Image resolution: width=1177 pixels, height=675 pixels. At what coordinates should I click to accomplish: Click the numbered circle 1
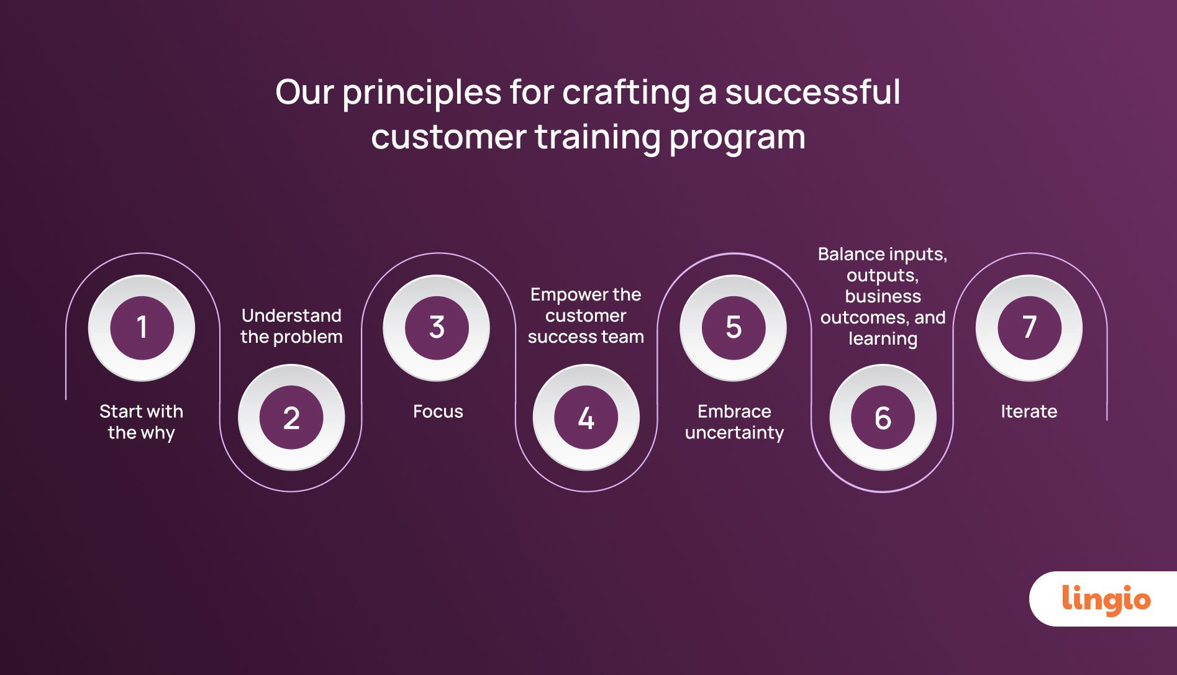click(x=142, y=327)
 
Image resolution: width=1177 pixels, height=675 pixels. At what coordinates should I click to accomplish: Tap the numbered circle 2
click(x=291, y=417)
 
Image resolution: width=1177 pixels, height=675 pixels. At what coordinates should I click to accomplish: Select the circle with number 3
click(x=437, y=327)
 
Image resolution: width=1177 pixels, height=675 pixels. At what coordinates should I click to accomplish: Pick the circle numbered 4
click(x=586, y=417)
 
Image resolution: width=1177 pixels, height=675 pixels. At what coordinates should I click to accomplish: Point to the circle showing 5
click(x=733, y=327)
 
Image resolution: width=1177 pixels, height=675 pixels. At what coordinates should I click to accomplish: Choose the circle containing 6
click(x=883, y=417)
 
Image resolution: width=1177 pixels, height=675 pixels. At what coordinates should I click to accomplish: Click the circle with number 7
click(x=1029, y=327)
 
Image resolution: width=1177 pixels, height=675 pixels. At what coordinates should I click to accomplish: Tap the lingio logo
click(x=1106, y=599)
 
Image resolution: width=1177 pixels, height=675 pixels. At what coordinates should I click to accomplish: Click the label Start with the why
click(x=142, y=422)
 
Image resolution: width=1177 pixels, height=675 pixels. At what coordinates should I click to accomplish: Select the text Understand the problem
click(x=291, y=326)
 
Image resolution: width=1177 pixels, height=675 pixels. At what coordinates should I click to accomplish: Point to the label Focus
click(x=438, y=411)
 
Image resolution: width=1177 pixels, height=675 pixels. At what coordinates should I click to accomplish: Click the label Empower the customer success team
click(x=586, y=315)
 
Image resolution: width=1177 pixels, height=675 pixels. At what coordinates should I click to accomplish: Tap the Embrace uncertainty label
click(x=734, y=422)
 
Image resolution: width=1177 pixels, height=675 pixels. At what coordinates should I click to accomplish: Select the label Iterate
click(x=1029, y=411)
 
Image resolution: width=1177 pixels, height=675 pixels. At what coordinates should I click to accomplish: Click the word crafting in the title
click(x=625, y=93)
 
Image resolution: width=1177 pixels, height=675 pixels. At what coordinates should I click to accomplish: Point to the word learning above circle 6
click(x=883, y=339)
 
